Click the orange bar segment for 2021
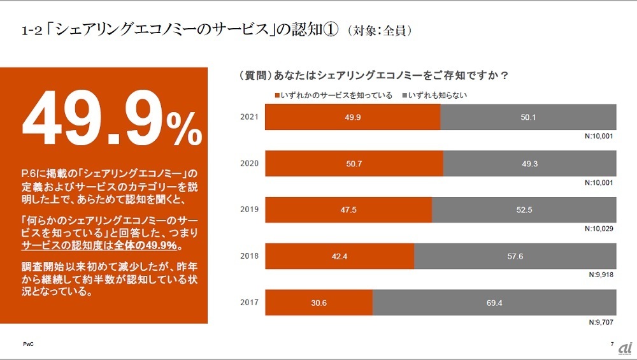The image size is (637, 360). click(352, 117)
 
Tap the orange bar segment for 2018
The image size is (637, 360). click(340, 257)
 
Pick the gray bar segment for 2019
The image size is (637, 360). click(524, 210)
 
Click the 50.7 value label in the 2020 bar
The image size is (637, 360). click(354, 164)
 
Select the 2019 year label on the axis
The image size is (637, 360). click(249, 210)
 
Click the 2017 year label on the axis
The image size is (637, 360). click(249, 303)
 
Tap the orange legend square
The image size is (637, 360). click(276, 96)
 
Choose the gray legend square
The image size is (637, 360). click(404, 96)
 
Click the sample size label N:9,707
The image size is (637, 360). click(601, 322)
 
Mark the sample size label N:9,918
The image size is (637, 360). click(601, 276)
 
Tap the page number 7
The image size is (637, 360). click(612, 345)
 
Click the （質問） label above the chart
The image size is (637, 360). click(253, 75)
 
